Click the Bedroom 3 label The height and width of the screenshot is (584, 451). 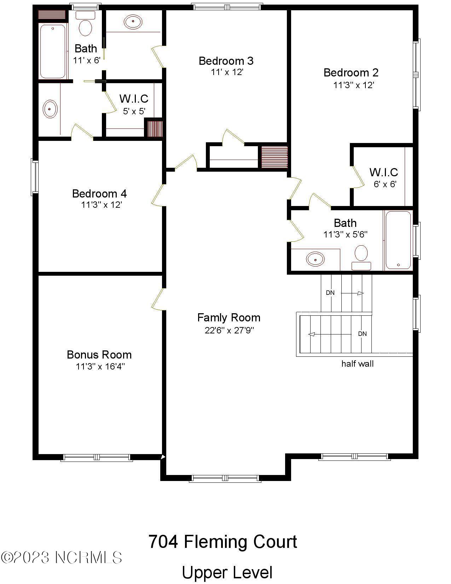[x=226, y=61]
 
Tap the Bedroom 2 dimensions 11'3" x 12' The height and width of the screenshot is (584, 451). [x=354, y=85]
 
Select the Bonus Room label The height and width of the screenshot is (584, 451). [x=99, y=355]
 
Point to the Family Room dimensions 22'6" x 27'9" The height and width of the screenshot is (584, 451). [x=229, y=330]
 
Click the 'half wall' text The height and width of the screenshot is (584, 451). [x=357, y=363]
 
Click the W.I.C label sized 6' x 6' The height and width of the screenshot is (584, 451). [x=384, y=172]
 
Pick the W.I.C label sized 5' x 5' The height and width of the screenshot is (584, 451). [x=134, y=98]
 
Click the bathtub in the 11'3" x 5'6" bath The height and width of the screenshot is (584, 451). [x=398, y=240]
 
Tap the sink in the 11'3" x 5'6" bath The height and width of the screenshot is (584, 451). [x=315, y=259]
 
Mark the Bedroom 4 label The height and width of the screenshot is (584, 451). [x=99, y=194]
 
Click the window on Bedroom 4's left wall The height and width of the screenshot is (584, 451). [x=35, y=177]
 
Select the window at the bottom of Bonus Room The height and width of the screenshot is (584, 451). [x=97, y=458]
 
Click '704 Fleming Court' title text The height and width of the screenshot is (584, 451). [x=223, y=542]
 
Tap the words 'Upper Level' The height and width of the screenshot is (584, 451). [x=227, y=573]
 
